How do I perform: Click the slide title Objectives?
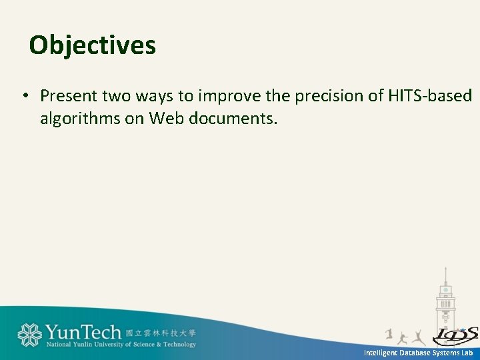click(93, 45)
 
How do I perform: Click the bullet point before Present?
click(24, 96)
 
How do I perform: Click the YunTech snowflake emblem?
click(29, 335)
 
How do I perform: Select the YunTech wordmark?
click(83, 332)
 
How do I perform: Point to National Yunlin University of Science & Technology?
click(121, 345)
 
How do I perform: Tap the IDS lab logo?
click(455, 335)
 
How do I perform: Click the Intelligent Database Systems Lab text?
click(418, 353)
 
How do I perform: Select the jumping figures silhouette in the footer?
click(407, 336)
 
